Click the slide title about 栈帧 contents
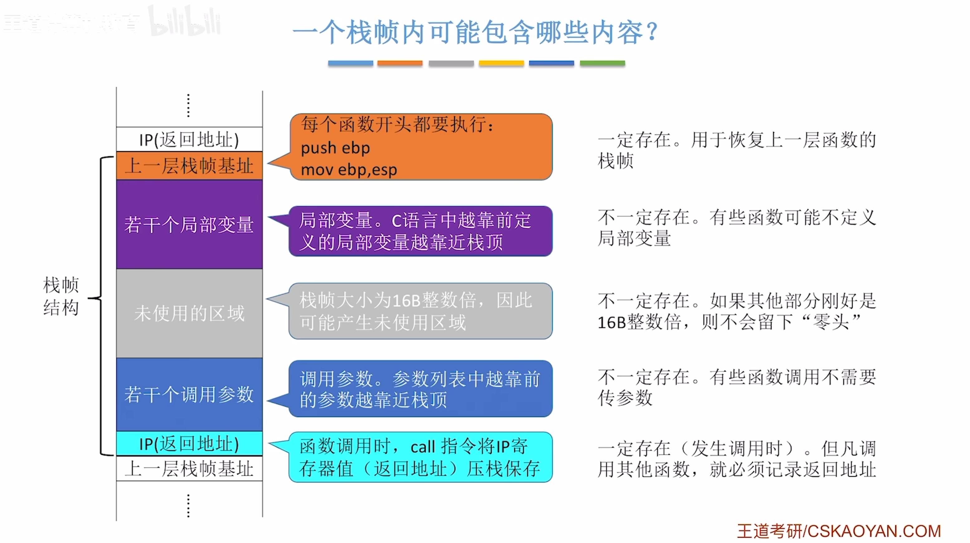tap(475, 33)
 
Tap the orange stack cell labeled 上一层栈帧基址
tap(189, 166)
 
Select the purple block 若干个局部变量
tap(189, 225)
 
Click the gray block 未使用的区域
tap(189, 313)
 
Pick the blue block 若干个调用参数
tap(189, 394)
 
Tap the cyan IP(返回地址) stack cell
tap(189, 443)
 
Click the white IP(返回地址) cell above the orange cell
tap(189, 140)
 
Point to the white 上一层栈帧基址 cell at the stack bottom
tap(189, 468)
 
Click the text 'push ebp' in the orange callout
tap(335, 148)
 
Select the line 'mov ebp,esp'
tap(349, 170)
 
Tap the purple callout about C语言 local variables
tap(420, 231)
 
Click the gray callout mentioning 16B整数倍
tap(420, 311)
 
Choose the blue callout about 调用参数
tap(420, 388)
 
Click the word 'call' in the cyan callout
tap(423, 447)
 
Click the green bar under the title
tap(602, 63)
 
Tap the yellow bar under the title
tap(501, 63)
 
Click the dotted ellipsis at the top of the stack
tap(188, 106)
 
